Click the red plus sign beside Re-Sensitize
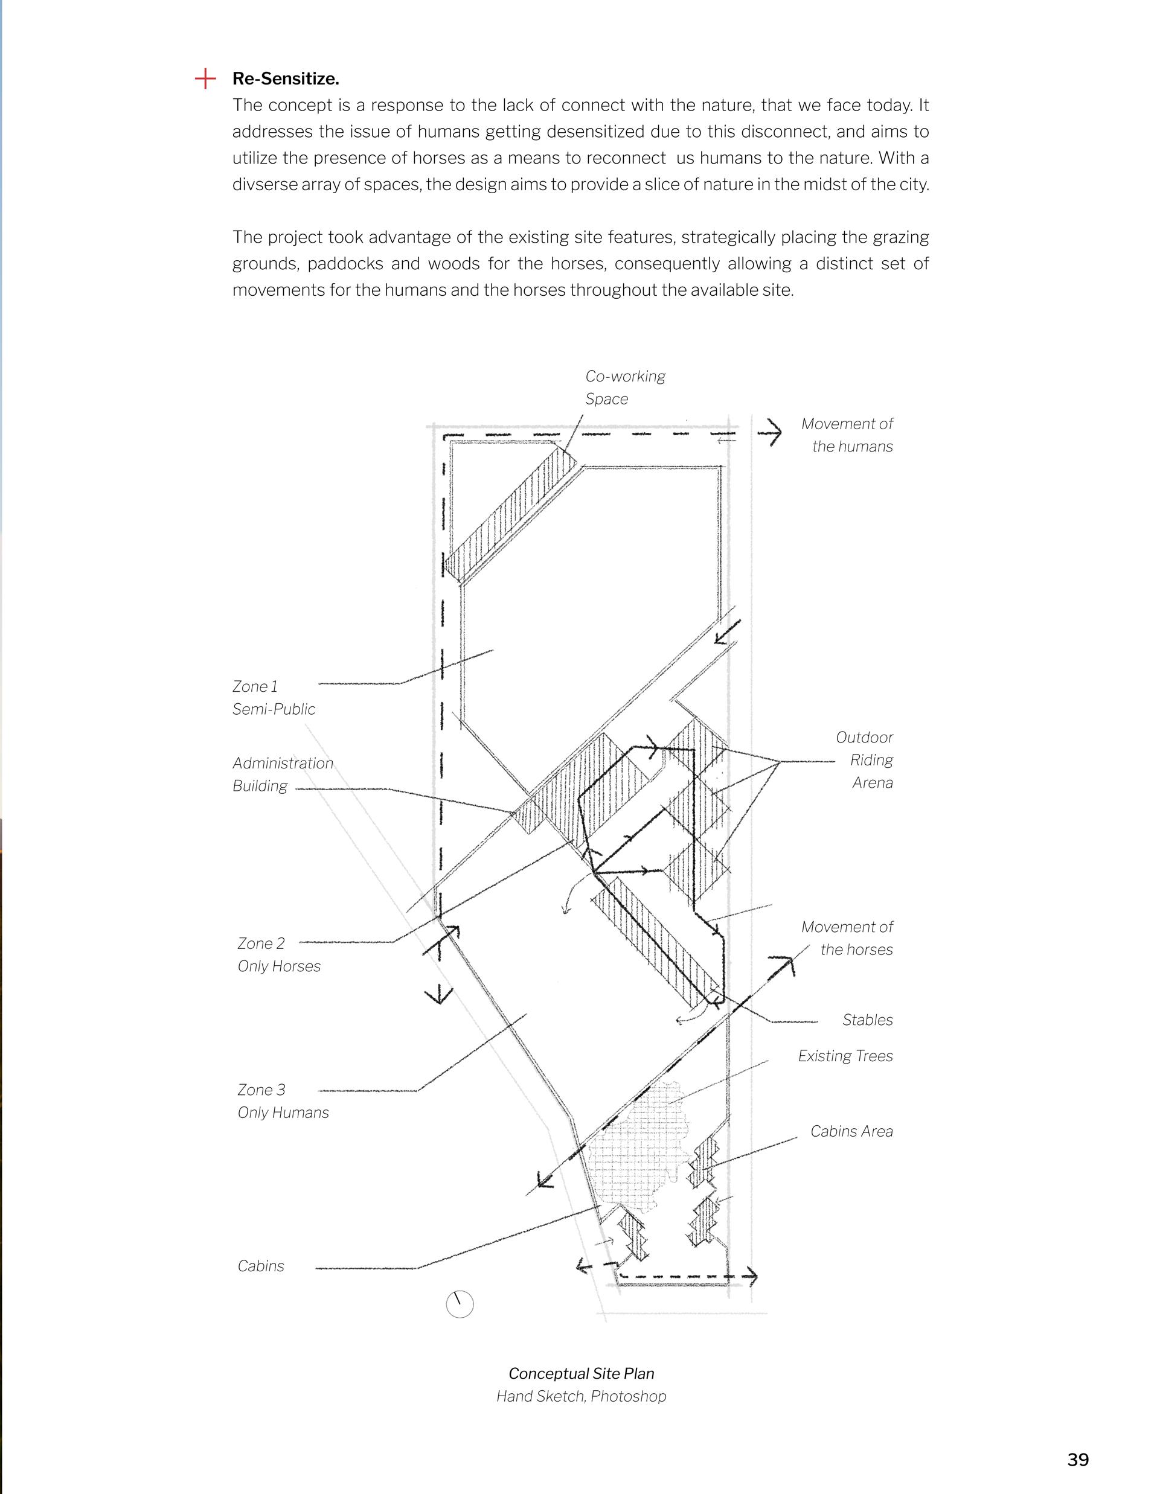205,78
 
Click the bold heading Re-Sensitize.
285,78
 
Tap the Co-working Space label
624,387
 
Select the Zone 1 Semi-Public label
274,698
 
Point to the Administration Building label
283,774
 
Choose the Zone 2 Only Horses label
278,955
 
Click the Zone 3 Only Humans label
283,1102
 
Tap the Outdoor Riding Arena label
865,760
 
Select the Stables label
867,1020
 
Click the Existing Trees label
845,1056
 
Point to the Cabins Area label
851,1131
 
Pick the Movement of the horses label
847,939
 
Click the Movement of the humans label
847,435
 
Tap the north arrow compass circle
459,1304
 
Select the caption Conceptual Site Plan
581,1374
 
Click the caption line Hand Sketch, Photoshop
581,1396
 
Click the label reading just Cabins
261,1266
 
